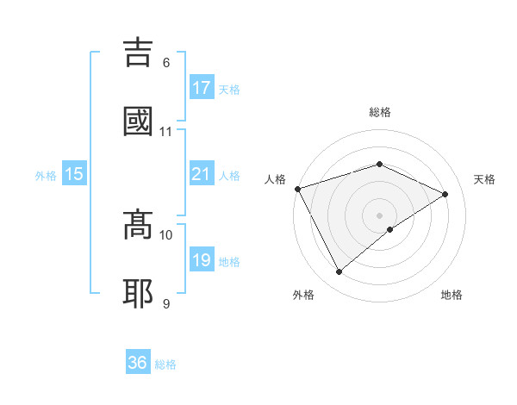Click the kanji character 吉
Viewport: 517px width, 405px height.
click(x=140, y=53)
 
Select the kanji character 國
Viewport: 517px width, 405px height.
click(x=140, y=121)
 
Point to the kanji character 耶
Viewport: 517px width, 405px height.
click(x=140, y=293)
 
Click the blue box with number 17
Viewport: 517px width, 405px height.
click(x=202, y=88)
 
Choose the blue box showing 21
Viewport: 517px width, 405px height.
click(x=202, y=174)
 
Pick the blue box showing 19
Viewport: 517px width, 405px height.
click(x=202, y=260)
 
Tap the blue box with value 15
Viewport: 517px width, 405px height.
click(x=74, y=174)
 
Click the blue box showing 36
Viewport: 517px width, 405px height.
click(x=138, y=363)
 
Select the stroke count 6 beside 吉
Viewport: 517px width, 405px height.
click(x=166, y=62)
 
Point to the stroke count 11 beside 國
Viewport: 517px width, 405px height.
click(x=166, y=131)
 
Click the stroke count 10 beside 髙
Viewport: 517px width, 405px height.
click(x=166, y=234)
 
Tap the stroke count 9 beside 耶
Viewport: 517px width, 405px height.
click(x=166, y=303)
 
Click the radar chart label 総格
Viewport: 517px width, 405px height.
click(x=380, y=112)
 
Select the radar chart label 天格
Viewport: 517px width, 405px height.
click(x=484, y=179)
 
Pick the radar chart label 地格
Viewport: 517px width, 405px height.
click(x=452, y=295)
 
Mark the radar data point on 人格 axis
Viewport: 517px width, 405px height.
click(x=297, y=189)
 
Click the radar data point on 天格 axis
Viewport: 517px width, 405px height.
click(x=445, y=194)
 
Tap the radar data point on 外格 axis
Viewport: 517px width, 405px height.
click(x=339, y=272)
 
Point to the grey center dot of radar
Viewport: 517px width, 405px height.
click(x=380, y=215)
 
